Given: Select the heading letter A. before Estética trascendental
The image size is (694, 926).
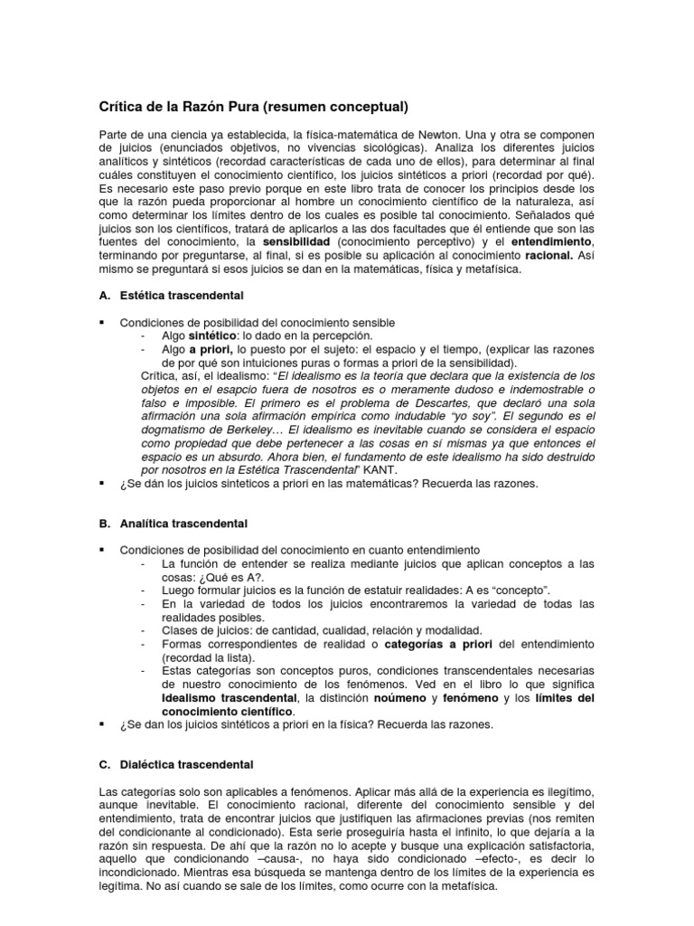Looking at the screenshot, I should tap(104, 296).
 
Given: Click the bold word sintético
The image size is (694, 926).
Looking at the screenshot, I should tap(216, 335).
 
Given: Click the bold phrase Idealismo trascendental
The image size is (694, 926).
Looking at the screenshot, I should tap(229, 697).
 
